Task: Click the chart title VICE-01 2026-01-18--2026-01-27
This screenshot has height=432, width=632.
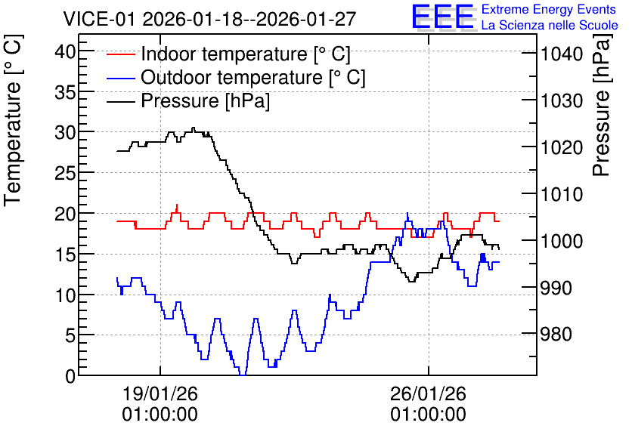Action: pyautogui.click(x=209, y=19)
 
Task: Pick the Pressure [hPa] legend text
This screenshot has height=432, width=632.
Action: pyautogui.click(x=205, y=100)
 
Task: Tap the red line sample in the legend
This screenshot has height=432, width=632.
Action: pyautogui.click(x=120, y=54)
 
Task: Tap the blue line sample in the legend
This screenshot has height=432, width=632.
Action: pyautogui.click(x=120, y=77)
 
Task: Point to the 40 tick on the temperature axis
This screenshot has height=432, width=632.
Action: pyautogui.click(x=66, y=52)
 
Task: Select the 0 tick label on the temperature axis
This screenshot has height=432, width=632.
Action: pyautogui.click(x=71, y=376)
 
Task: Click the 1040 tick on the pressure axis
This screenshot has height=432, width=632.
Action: pyautogui.click(x=562, y=54)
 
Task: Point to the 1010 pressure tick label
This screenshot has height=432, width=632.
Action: pyautogui.click(x=562, y=195)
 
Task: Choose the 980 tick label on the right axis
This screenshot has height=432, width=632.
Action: pyautogui.click(x=556, y=335)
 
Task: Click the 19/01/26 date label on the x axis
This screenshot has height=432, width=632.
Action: pyautogui.click(x=160, y=393)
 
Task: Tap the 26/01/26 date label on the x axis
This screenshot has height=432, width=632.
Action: pyautogui.click(x=428, y=393)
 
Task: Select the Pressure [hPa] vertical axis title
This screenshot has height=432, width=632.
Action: pyautogui.click(x=601, y=105)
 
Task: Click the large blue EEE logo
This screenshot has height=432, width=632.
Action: pyautogui.click(x=443, y=17)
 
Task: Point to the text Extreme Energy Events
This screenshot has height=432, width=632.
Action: pyautogui.click(x=549, y=9)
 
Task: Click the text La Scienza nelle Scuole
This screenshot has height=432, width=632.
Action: pyautogui.click(x=550, y=25)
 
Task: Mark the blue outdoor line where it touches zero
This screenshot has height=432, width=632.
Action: pyautogui.click(x=243, y=375)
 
